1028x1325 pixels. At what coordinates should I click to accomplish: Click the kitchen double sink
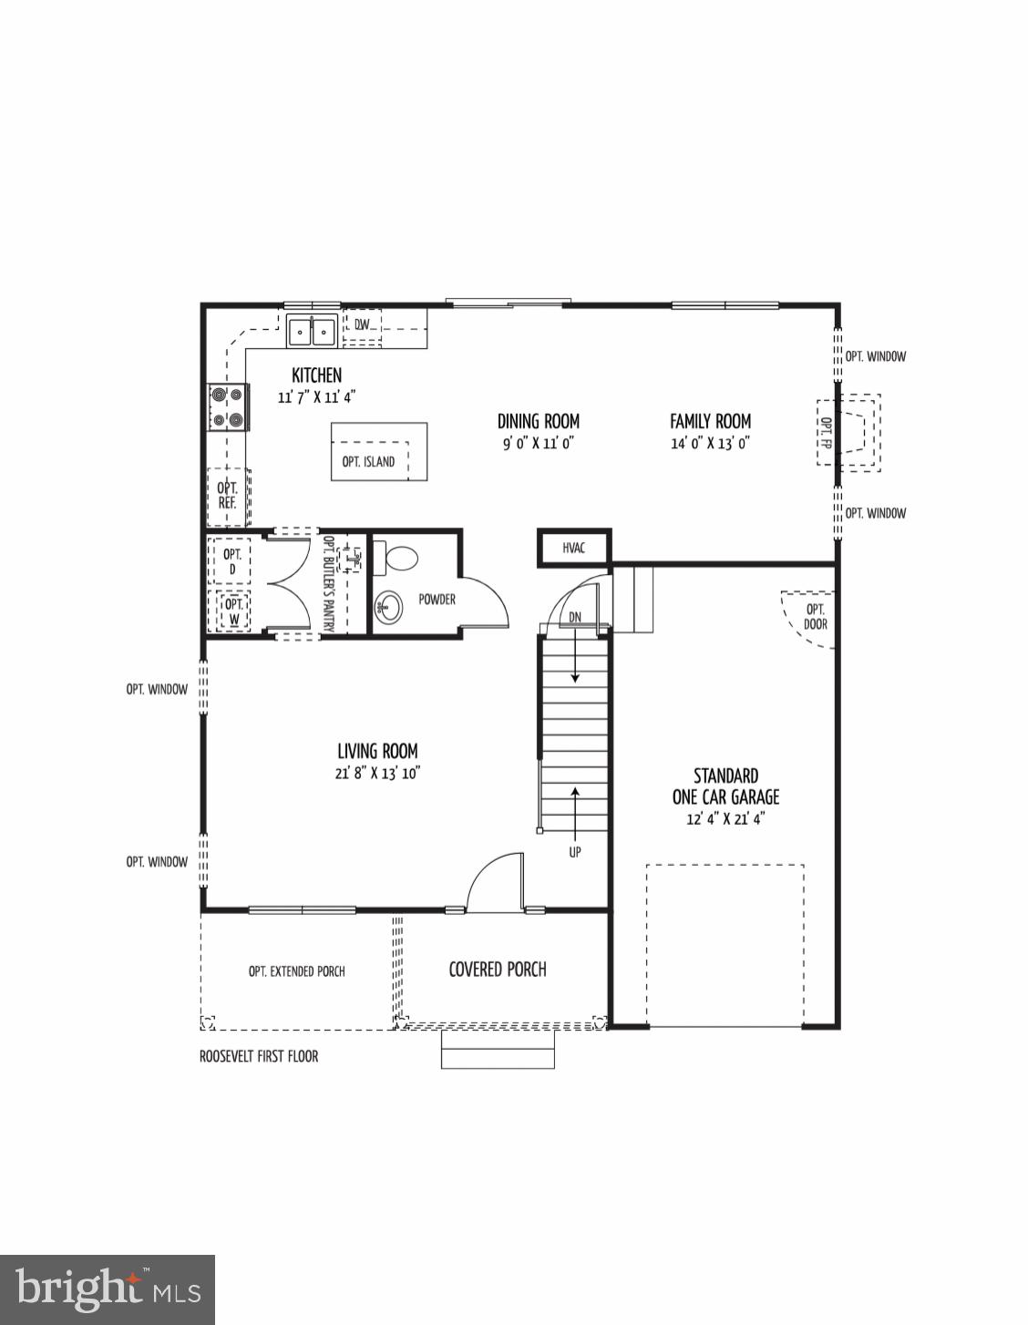(x=312, y=331)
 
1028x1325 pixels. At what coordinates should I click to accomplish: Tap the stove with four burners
(x=228, y=406)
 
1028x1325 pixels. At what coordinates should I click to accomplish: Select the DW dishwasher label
(x=362, y=324)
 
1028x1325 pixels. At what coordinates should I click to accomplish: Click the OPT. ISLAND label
(x=369, y=461)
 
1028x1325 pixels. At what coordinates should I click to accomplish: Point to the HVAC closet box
(x=573, y=548)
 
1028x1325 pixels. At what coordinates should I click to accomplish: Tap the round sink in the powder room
(x=389, y=608)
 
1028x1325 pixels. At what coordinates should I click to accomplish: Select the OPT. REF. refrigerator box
(x=228, y=497)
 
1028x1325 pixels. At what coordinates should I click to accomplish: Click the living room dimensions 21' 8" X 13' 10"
(x=377, y=773)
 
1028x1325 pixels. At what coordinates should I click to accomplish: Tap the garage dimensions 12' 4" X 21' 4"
(x=725, y=818)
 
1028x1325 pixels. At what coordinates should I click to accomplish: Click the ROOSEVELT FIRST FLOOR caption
(x=259, y=1056)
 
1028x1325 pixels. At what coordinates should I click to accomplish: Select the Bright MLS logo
(x=108, y=1289)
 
